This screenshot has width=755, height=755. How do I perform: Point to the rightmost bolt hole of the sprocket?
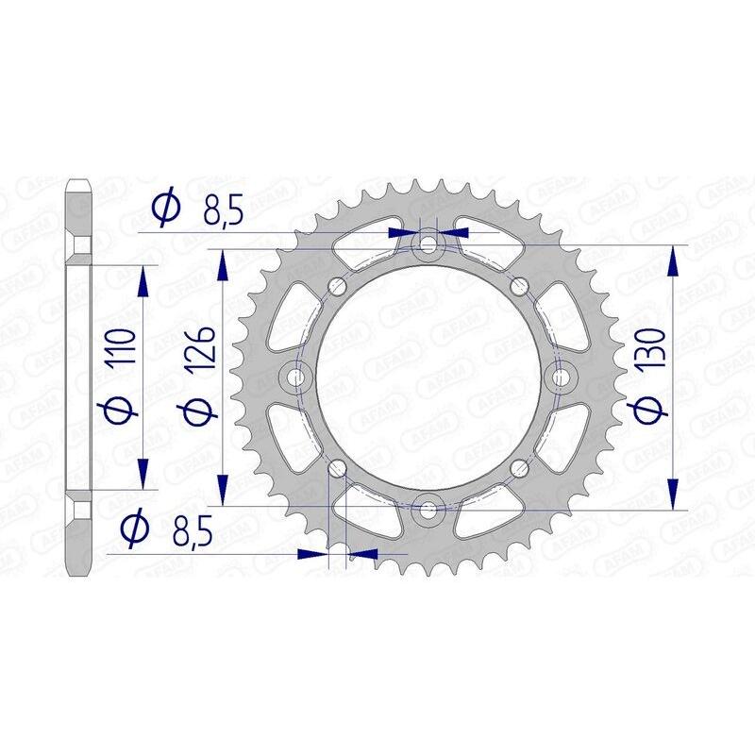pos(560,376)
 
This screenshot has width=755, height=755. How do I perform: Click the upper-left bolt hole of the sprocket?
pos(337,287)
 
